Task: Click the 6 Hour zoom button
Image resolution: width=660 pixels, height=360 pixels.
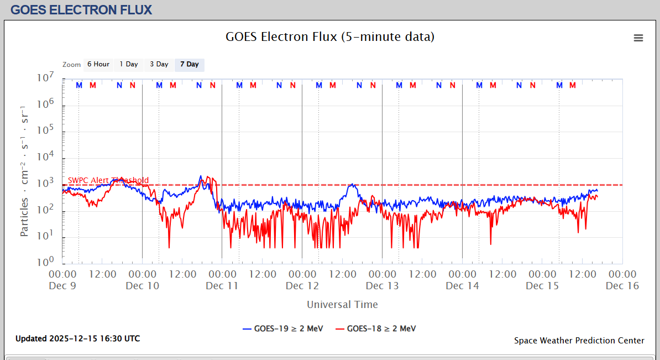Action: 98,65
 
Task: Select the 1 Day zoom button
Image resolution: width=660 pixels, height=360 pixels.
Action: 129,65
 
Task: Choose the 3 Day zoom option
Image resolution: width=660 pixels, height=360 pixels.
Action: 159,65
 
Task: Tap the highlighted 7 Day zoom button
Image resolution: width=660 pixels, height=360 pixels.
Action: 189,65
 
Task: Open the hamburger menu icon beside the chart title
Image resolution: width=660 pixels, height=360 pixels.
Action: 638,38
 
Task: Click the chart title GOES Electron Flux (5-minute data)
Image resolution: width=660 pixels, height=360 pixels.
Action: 330,37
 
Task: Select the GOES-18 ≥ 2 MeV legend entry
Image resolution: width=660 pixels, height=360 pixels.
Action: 376,328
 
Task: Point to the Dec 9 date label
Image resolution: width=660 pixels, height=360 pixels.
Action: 62,286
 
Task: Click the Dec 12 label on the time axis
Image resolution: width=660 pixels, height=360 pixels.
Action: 302,286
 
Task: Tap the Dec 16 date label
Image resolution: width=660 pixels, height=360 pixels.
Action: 622,286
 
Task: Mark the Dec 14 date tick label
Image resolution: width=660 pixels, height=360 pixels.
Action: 462,286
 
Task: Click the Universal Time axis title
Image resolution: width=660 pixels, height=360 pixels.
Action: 342,304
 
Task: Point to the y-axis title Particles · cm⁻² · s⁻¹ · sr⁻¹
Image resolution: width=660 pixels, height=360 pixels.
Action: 25,170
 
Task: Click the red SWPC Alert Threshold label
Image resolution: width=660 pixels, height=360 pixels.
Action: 108,180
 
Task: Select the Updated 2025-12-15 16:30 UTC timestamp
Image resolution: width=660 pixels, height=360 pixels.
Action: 77,338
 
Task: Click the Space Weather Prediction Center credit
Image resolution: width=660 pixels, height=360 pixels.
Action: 579,341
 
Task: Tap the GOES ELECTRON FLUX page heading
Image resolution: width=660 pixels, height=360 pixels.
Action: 81,9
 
